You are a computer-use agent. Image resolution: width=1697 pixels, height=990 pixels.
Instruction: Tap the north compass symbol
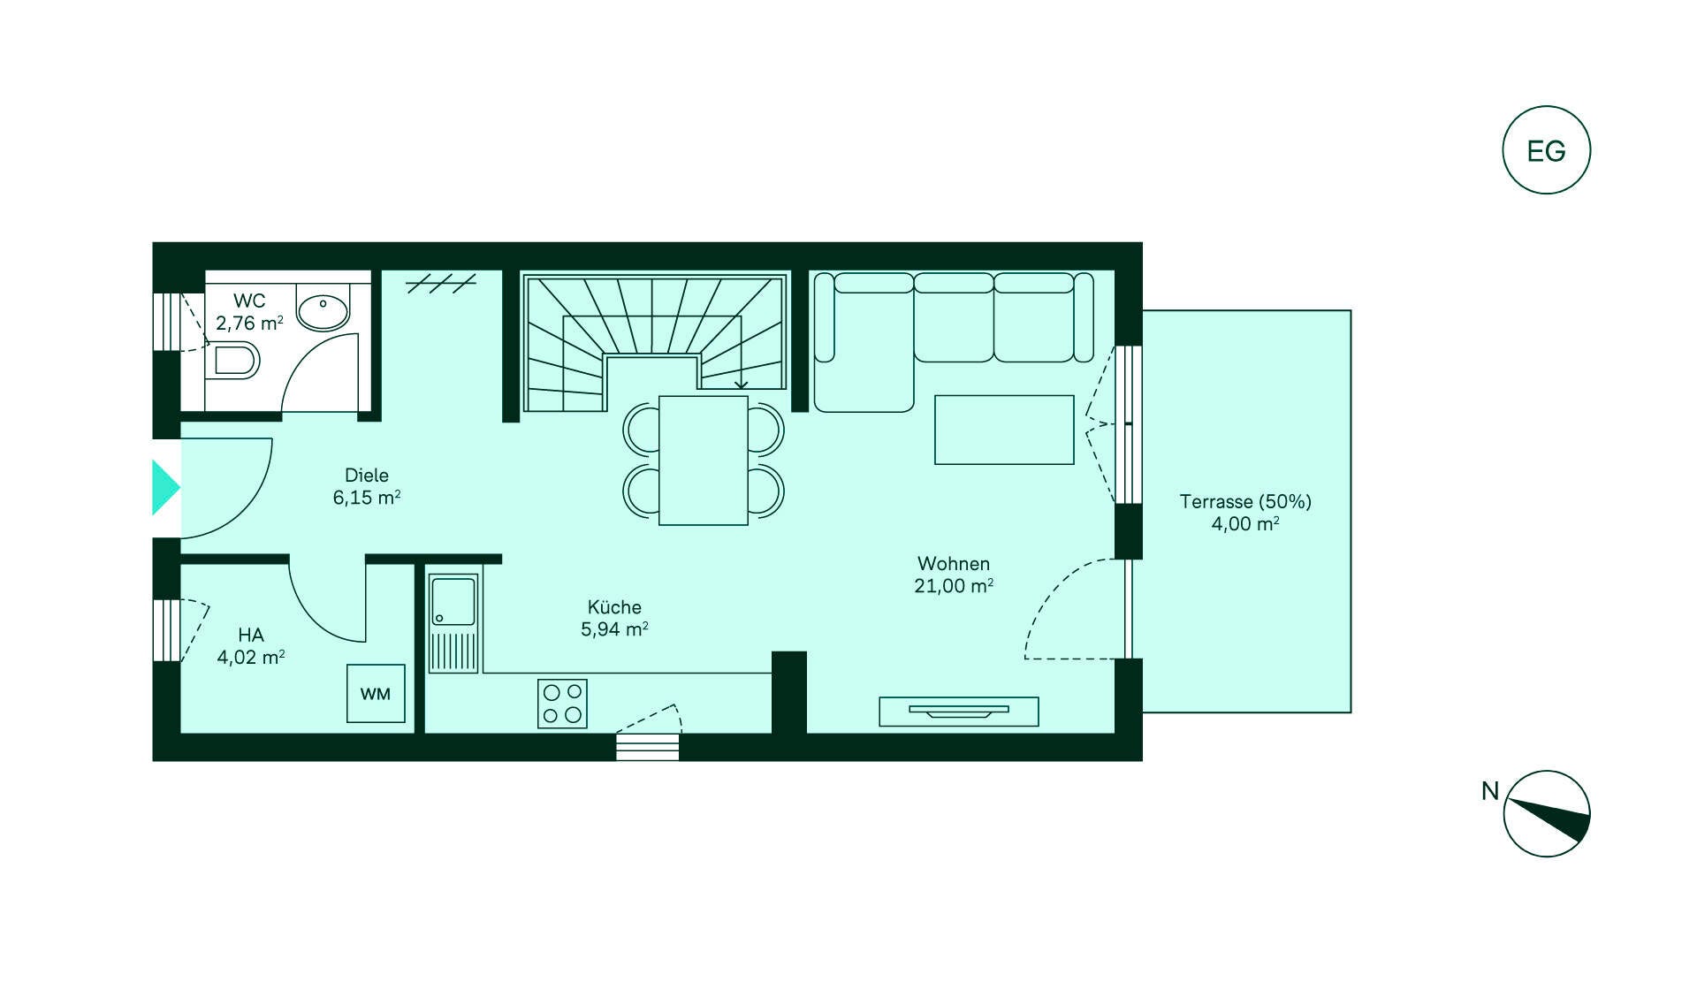tap(1547, 813)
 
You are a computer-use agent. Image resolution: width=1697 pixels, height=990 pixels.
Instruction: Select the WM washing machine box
tap(376, 694)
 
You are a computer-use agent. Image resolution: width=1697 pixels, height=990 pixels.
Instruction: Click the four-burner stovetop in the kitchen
tap(562, 704)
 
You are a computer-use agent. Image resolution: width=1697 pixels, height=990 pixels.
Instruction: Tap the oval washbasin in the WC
tap(323, 311)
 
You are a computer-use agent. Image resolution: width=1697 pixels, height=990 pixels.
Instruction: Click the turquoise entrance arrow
tap(166, 487)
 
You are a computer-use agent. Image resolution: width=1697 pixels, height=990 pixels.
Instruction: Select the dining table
tap(704, 461)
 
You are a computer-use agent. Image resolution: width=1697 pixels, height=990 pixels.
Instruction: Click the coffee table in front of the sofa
tap(1004, 430)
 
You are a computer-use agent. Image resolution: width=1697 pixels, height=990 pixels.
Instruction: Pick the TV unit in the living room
tap(959, 712)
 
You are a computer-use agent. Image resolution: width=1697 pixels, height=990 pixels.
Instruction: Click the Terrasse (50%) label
tap(1245, 501)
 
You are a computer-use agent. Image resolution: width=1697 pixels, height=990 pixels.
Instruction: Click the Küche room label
tap(614, 607)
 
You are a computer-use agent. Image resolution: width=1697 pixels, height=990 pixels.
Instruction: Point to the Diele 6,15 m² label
tap(367, 486)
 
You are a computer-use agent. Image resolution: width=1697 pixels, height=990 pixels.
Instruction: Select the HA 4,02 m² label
tap(251, 645)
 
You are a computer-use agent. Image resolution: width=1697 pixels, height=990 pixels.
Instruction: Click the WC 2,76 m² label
tap(249, 312)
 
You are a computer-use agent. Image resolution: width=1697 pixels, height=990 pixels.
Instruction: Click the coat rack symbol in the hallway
tap(441, 283)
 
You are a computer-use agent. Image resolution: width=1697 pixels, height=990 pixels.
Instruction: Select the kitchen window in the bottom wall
tap(648, 747)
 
